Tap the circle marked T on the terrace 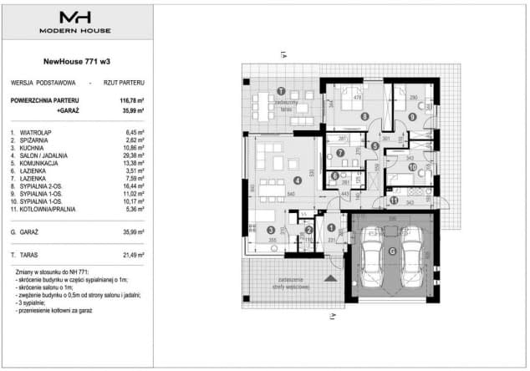281,91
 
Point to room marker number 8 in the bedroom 364,116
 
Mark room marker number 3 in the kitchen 270,230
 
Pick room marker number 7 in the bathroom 341,153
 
